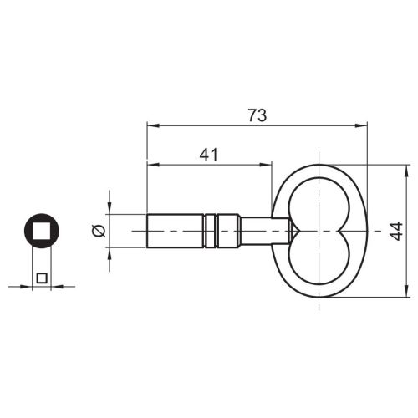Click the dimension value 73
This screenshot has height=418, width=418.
(x=257, y=116)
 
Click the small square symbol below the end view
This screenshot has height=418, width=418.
(x=42, y=278)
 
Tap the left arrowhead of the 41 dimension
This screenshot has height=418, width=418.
(x=151, y=164)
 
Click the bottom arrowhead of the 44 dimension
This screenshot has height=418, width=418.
(x=406, y=293)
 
